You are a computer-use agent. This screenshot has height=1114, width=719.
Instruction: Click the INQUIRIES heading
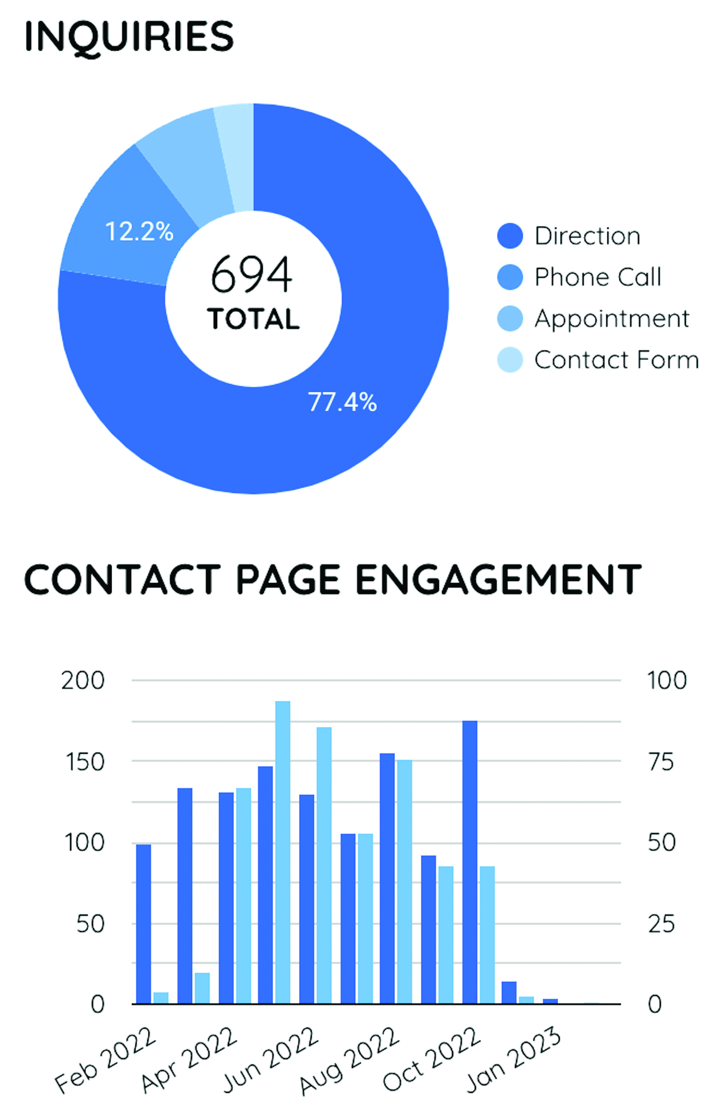coord(129,36)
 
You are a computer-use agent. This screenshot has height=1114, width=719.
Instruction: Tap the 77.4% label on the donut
coord(342,402)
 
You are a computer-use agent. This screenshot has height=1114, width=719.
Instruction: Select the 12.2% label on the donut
coord(139,231)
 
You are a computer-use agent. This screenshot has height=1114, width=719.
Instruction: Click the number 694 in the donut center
coord(252,275)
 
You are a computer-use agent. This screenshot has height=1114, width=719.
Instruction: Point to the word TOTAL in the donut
coord(253,319)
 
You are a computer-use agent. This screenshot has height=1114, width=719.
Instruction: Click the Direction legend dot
coord(510,236)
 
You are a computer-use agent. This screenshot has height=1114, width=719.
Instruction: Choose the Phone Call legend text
coord(598,278)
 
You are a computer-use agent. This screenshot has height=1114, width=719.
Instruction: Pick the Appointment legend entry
coord(611,319)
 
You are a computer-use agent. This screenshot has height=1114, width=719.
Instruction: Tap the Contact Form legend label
coord(616,360)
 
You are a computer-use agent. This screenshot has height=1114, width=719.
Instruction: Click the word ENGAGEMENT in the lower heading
coord(498,580)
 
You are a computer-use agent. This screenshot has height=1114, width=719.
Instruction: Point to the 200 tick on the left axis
coord(83,680)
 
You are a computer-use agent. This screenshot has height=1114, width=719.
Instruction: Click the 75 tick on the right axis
coord(661,762)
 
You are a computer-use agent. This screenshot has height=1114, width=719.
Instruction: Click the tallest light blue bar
coord(283,852)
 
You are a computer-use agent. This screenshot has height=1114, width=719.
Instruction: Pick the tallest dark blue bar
coord(470,862)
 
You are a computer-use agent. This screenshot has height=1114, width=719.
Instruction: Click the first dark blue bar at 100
coord(144,923)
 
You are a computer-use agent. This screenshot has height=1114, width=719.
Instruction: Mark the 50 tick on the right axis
coord(661,843)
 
